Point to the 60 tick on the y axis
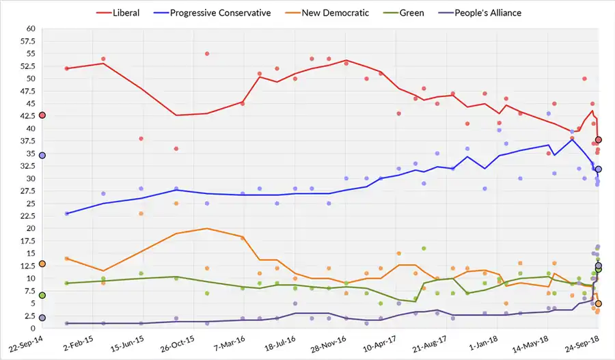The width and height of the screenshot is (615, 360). tap(31, 29)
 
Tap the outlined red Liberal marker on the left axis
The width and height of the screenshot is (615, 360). tap(42, 115)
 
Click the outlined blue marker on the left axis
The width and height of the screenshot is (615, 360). tap(42, 156)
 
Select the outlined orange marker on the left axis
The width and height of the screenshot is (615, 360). tap(42, 264)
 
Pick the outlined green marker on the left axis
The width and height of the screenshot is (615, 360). tap(42, 295)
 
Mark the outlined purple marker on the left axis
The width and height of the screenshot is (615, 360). tap(42, 318)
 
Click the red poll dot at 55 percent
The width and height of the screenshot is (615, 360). tap(206, 54)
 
